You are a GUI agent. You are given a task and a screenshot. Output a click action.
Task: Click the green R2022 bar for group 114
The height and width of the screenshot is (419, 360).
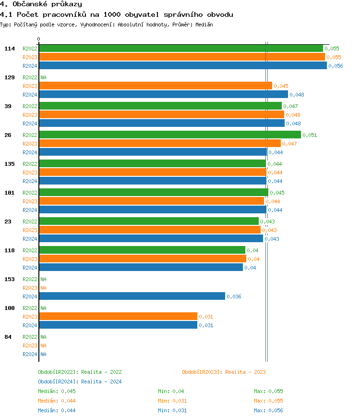point(180,49)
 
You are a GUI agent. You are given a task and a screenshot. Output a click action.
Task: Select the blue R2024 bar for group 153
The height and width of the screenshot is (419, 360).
point(132,296)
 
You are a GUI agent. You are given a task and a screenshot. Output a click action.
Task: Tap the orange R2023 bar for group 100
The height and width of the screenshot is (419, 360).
point(118,317)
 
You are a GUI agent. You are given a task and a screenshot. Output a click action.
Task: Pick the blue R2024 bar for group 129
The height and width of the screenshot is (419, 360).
point(163,95)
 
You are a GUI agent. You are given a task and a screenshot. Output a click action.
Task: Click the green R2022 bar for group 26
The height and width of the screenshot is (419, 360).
point(169,135)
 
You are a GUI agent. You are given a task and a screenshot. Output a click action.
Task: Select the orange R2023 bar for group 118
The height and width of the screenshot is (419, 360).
point(142,259)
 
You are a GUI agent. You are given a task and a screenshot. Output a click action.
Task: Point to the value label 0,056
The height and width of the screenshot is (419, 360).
point(336,66)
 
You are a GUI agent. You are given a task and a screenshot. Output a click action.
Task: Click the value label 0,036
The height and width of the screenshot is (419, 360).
point(234,296)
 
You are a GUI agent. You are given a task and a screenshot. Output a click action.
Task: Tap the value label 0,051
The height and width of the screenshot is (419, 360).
point(310,135)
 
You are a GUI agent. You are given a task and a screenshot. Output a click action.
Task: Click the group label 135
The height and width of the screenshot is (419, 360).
point(10,164)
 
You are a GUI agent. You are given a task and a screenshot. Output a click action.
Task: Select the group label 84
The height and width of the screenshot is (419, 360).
point(8,337)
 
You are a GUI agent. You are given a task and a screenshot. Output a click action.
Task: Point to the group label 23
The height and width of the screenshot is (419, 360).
point(8,222)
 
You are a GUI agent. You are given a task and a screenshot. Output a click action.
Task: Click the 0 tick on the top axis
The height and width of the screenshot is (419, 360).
point(39,39)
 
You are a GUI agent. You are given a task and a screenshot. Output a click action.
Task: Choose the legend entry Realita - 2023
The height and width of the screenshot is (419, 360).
point(224,372)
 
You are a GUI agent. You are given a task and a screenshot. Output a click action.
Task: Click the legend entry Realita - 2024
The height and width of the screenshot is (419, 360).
point(80,382)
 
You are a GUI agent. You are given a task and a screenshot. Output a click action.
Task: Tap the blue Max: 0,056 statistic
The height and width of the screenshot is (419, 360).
point(268,410)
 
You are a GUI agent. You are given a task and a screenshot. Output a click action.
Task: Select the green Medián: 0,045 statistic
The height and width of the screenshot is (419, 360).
point(57,391)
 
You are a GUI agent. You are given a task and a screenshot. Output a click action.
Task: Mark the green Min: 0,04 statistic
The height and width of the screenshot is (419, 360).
point(171,391)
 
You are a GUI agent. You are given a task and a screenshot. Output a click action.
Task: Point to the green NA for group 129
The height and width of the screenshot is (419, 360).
point(43,77)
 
